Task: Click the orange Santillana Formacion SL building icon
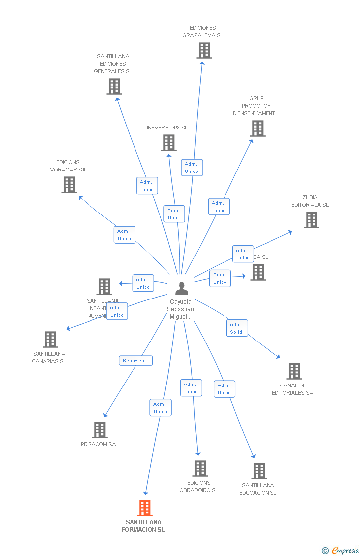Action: (145, 508)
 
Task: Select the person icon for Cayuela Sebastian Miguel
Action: (181, 288)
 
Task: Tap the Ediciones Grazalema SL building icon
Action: (204, 50)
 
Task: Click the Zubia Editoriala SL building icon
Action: (311, 220)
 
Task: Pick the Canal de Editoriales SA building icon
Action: (294, 371)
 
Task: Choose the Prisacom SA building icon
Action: (100, 430)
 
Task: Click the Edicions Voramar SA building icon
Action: (69, 185)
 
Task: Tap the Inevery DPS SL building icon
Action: (169, 143)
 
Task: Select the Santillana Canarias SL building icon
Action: (50, 340)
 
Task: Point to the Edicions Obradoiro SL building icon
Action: (200, 468)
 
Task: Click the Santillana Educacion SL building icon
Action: (259, 471)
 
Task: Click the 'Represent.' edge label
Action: (135, 361)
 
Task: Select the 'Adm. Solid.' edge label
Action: (237, 328)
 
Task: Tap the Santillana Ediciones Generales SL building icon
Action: (114, 86)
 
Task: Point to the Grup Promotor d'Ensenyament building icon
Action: (257, 128)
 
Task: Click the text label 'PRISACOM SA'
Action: (98, 444)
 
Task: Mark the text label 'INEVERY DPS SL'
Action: (167, 128)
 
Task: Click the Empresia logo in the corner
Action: (341, 550)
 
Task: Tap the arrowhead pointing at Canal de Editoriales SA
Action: (278, 356)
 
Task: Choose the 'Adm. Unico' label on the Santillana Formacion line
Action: (160, 408)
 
